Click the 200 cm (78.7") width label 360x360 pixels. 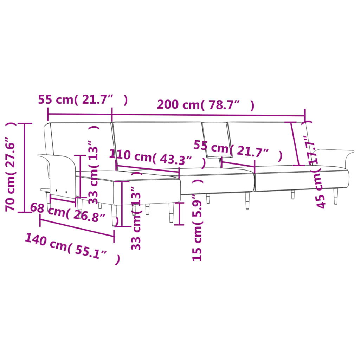tap(205, 105)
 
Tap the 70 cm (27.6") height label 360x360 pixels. tap(11, 167)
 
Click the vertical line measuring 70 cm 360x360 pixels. tap(24, 168)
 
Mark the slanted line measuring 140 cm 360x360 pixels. tap(77, 228)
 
